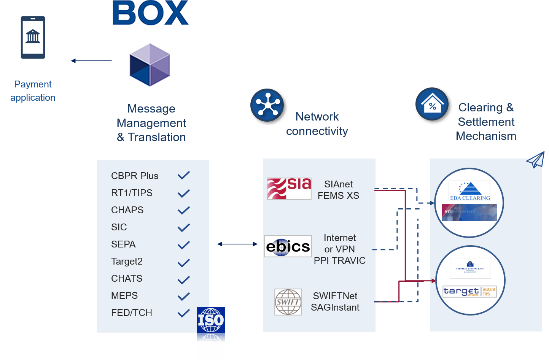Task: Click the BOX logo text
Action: point(150,13)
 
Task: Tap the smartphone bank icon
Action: point(33,38)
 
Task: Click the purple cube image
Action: point(150,65)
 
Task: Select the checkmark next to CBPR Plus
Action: point(184,175)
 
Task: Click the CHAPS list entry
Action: point(127,210)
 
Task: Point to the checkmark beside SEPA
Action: point(184,245)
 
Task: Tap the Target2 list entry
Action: point(127,262)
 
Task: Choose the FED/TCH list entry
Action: point(132,313)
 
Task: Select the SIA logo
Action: point(289,189)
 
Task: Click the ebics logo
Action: point(288,246)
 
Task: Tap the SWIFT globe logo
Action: point(288,302)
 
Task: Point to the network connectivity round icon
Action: point(268,106)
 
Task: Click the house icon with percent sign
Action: point(433,105)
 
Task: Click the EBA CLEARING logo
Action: point(470,191)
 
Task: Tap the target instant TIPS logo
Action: point(470,292)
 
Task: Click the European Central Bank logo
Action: point(470,268)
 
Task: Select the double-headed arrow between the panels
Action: point(237,244)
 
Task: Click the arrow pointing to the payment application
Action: point(91,61)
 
